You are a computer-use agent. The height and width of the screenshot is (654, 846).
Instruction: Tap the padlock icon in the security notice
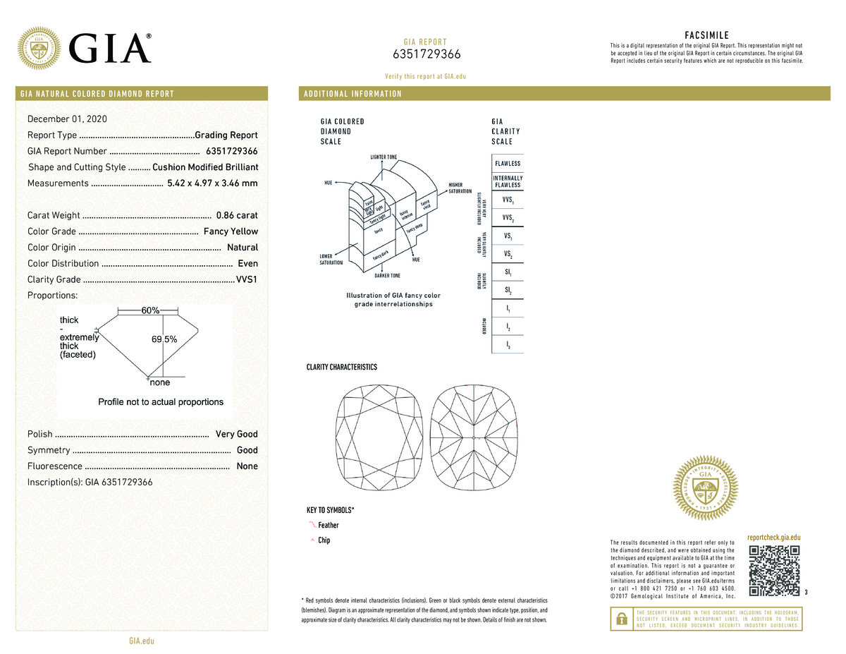coord(621,618)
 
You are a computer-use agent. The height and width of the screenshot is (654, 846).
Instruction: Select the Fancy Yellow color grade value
coord(231,231)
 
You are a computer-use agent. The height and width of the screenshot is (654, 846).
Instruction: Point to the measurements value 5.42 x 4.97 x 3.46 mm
coord(212,183)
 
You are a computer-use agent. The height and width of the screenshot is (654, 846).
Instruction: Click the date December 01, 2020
coord(67,119)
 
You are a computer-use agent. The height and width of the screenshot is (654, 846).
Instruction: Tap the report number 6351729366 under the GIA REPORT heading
coord(427,55)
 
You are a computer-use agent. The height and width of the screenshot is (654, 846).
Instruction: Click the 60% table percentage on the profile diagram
coord(150,310)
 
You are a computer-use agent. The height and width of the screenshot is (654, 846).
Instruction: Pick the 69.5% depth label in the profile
coord(164,339)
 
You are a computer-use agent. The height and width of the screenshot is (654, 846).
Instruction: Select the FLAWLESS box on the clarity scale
coord(508,164)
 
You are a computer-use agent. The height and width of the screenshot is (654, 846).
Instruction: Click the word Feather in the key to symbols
coord(329,526)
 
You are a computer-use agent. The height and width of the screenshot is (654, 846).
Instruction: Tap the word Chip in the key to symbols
coord(324,540)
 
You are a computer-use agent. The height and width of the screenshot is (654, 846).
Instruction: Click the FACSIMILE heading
coord(706,35)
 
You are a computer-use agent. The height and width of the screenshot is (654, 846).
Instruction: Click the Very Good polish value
coord(237,434)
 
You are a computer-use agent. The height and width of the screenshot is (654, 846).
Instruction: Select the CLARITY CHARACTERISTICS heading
coord(342,368)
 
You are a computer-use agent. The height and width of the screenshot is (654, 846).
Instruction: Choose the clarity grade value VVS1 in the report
coord(247,279)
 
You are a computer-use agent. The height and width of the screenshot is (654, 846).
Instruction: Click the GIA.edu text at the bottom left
coord(142,641)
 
